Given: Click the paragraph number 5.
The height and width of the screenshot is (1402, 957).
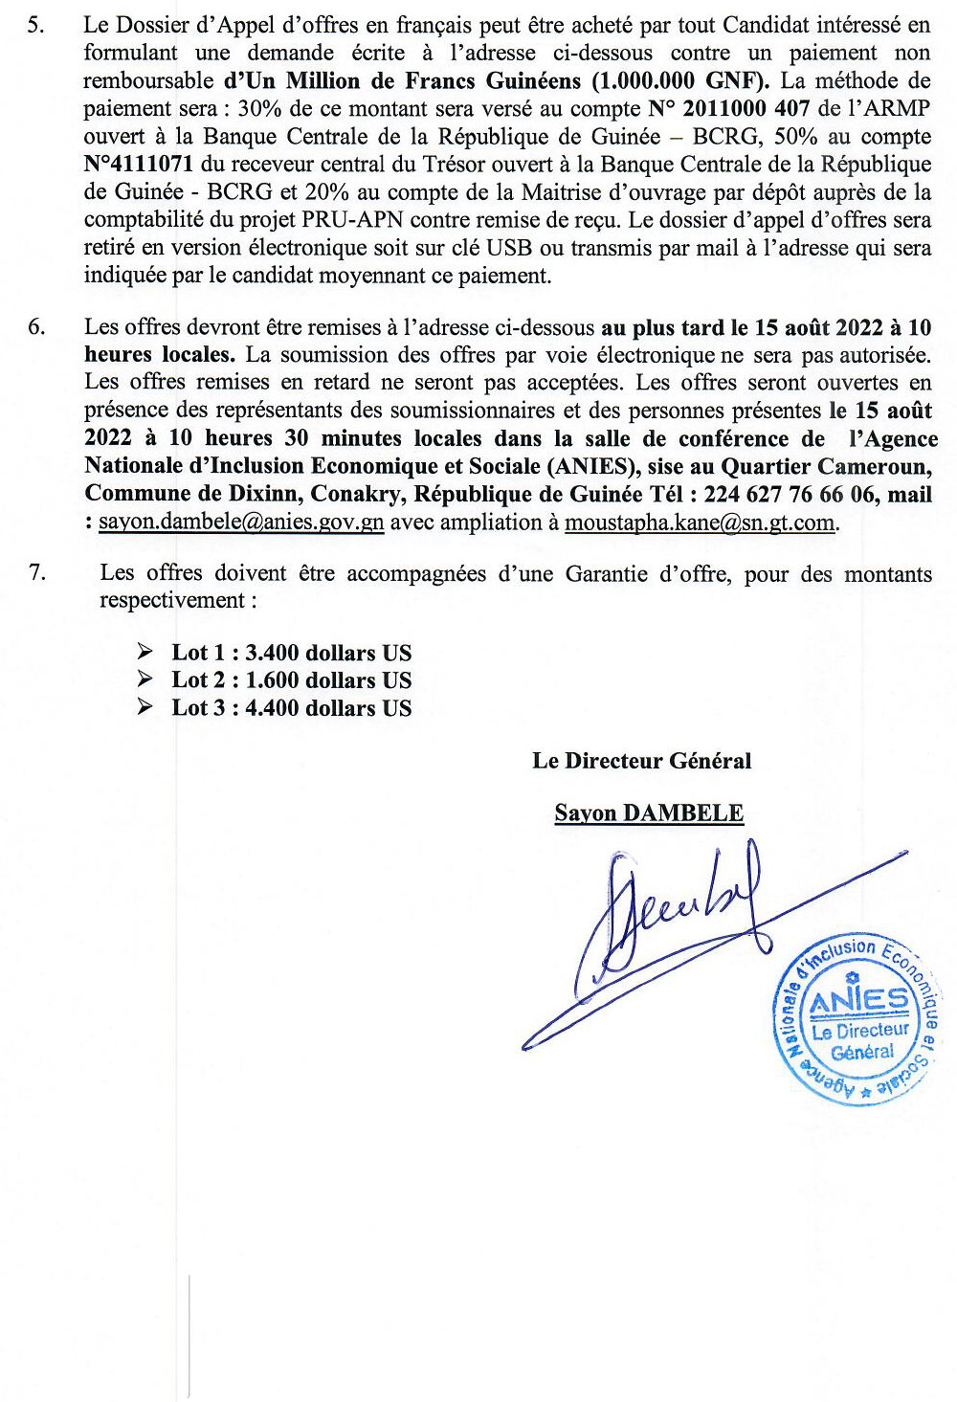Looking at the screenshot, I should click(x=35, y=26).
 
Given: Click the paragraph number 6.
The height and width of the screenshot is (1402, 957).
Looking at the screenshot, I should click(x=35, y=327).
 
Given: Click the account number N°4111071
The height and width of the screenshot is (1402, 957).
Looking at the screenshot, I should click(x=139, y=165).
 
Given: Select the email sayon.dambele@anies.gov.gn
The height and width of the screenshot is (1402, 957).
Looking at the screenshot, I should click(x=241, y=523).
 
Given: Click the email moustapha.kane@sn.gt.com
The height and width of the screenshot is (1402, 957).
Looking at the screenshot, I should click(x=701, y=523).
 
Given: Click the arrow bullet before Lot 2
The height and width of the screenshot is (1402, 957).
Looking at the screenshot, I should click(x=145, y=680).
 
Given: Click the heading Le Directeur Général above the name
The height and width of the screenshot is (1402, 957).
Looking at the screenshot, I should click(x=641, y=762).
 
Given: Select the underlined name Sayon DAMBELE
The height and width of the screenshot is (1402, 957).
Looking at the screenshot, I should click(x=649, y=813).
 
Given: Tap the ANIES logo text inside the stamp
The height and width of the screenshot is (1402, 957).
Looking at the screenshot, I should click(x=858, y=1001).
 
